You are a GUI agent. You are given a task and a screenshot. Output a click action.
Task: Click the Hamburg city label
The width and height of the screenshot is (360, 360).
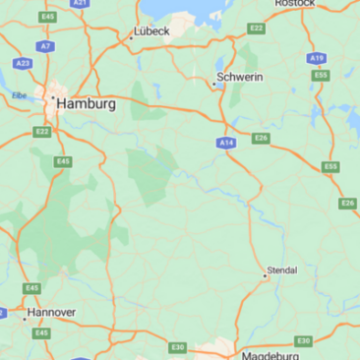click(x=87, y=102)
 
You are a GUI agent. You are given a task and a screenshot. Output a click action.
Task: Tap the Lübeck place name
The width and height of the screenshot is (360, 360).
click(x=153, y=31)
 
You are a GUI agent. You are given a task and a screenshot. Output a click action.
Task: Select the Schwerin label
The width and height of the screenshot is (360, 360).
click(x=240, y=77)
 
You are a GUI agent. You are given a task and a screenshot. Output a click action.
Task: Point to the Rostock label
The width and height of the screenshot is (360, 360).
click(x=295, y=4)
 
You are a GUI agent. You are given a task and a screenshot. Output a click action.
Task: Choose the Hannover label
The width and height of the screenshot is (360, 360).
click(x=51, y=314)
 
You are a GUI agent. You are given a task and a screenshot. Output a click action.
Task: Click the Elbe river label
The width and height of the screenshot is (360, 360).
click(x=19, y=95)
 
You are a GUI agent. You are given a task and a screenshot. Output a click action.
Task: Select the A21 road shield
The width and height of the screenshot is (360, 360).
click(x=81, y=3)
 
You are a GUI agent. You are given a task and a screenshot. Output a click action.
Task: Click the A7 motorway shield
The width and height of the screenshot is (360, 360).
click(x=45, y=45)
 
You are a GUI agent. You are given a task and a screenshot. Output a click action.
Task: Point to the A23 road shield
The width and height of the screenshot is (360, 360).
click(x=23, y=63)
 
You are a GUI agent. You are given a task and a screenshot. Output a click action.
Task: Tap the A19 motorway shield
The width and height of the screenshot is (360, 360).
click(x=316, y=58)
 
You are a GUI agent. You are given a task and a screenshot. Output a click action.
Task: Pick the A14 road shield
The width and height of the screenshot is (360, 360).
click(x=227, y=143)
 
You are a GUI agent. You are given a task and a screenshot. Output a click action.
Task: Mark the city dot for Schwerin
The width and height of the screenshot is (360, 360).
click(x=214, y=84)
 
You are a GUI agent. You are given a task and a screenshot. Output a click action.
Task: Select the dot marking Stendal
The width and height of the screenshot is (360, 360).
click(x=266, y=276)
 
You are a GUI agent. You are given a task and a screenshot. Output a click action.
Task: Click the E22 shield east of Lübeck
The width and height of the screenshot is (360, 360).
click(x=257, y=29)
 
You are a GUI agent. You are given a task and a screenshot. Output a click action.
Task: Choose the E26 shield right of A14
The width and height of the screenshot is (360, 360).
click(x=261, y=138)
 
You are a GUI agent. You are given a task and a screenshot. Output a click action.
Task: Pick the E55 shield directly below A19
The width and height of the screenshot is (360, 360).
click(x=320, y=75)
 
